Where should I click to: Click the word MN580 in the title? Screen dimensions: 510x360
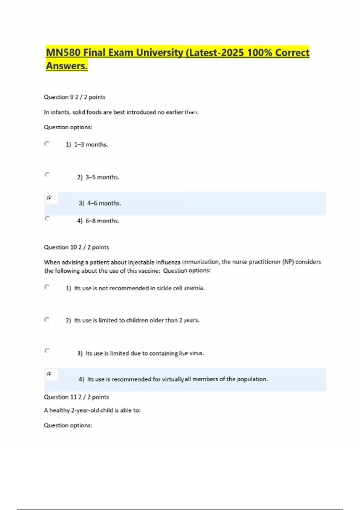pos(63,53)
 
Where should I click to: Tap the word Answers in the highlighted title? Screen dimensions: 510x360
pos(67,66)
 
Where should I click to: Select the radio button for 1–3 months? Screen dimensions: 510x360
pos(47,144)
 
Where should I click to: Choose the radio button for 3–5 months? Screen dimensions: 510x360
pos(47,174)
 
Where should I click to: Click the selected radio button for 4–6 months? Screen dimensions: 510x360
pos(49,198)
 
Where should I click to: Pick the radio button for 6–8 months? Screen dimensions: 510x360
pos(47,218)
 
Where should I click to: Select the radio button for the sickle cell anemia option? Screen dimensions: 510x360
pos(47,287)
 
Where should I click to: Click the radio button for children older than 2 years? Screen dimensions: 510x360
pos(47,320)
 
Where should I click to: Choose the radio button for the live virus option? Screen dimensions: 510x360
pos(47,351)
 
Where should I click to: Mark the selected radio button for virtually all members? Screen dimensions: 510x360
pos(49,374)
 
